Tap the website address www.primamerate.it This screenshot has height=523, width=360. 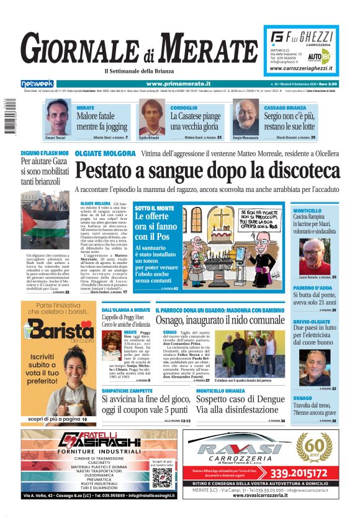coord(178,83)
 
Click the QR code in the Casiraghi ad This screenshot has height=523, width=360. coord(162,478)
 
